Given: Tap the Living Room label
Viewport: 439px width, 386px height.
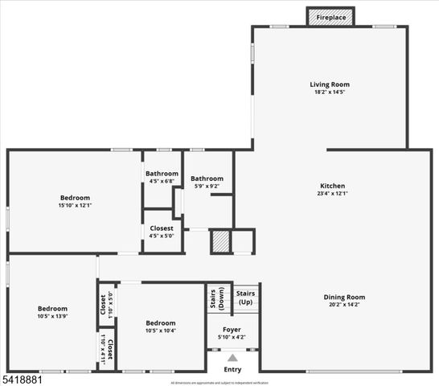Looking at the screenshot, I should tap(330, 84).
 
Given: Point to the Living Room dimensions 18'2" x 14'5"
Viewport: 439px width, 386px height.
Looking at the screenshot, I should tap(330, 92).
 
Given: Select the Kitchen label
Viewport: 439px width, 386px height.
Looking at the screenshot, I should tap(332, 185).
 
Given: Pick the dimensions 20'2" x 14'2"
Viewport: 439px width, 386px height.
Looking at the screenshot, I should tap(344, 305).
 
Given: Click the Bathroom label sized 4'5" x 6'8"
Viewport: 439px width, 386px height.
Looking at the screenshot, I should tap(162, 174).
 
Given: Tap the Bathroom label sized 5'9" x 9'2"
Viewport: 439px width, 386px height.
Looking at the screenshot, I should tap(207, 179).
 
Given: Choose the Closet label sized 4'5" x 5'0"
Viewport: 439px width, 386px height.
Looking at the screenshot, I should tap(162, 228).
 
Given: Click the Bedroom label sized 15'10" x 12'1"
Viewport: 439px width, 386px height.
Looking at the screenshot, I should tap(74, 197).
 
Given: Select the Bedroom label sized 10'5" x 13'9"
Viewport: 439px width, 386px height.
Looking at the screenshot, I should tap(52, 308).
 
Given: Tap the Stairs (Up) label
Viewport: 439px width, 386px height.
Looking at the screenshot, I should tap(245, 298).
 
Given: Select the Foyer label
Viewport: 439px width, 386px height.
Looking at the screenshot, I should tap(232, 329).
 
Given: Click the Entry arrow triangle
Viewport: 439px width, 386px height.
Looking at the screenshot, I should tap(232, 358).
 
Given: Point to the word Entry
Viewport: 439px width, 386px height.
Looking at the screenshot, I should tap(232, 369).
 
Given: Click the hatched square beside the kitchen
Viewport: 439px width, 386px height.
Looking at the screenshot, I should tap(220, 242).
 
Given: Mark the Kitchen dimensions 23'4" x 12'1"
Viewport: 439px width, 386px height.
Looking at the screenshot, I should tap(332, 193).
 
